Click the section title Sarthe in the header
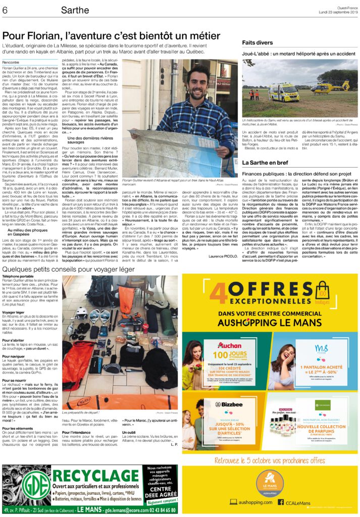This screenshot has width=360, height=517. click(75, 10)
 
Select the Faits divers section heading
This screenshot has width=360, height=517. click(258, 43)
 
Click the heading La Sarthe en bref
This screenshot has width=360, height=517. click(266, 163)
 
